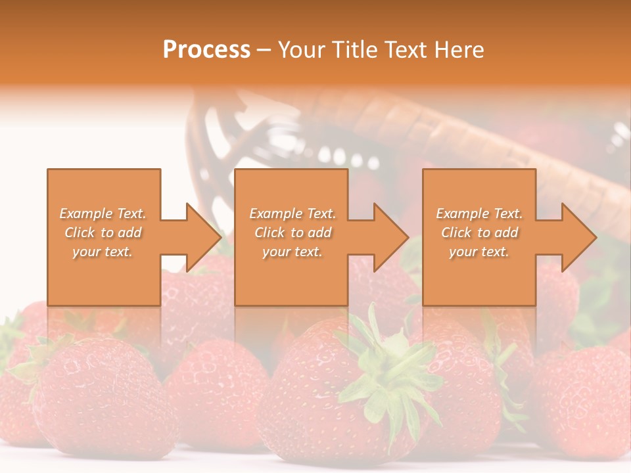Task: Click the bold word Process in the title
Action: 206,50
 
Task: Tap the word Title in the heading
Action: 356,50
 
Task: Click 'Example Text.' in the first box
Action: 103,214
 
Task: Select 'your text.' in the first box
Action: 103,252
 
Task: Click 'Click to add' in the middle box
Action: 292,233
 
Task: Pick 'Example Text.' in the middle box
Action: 292,214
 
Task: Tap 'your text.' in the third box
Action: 479,252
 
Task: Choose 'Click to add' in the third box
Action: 479,233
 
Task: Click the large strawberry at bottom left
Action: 99,394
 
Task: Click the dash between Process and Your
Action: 264,51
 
